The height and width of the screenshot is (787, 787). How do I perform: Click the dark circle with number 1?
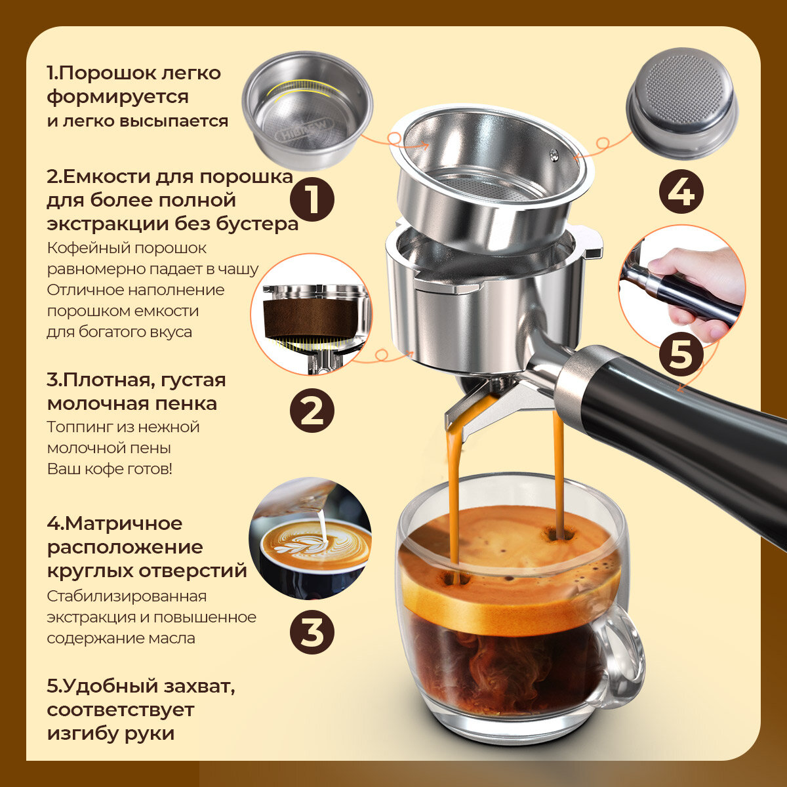coord(312,199)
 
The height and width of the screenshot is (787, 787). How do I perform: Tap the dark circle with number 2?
coord(312,411)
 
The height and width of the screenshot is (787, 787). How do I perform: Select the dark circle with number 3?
coord(312,632)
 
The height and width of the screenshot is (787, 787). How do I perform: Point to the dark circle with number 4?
coord(681,191)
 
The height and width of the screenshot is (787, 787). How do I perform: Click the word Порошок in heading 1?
coord(108,73)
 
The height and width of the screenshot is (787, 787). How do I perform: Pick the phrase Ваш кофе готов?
coord(110,469)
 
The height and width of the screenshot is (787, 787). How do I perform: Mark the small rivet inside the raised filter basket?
coord(554,154)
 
